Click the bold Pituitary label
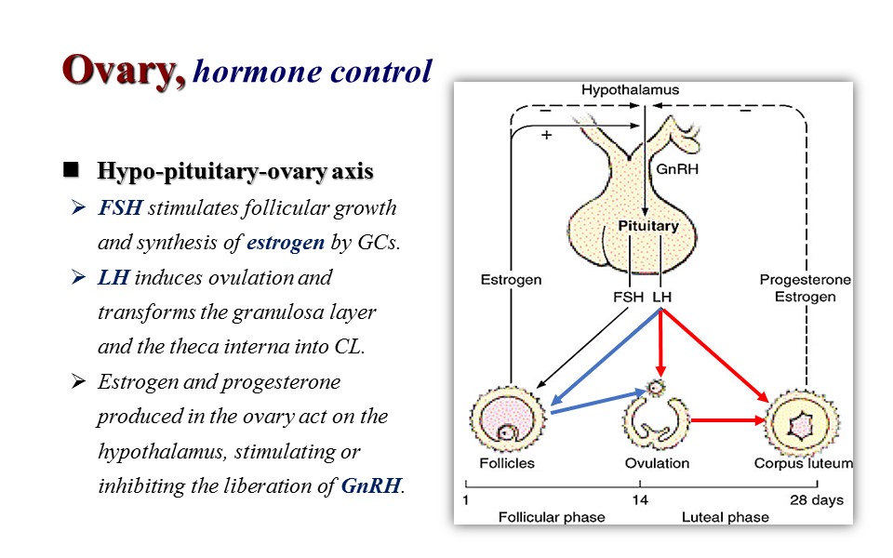coord(649,226)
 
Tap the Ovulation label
coord(658,462)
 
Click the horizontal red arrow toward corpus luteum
coord(730,421)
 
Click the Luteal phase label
coord(726,516)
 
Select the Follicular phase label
coord(552,516)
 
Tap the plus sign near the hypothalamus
coord(547,134)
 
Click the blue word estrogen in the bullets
coord(285,243)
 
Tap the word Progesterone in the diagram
coord(805,280)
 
